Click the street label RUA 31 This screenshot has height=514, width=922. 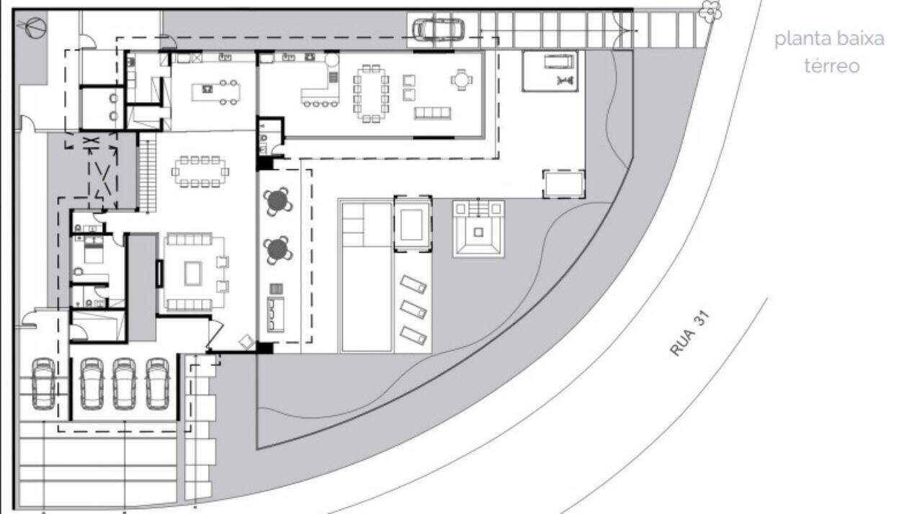point(689,333)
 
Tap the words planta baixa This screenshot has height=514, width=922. point(829,40)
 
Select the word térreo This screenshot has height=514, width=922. point(832,66)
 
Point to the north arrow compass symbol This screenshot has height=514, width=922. point(33,27)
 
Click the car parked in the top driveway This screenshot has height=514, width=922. point(439,30)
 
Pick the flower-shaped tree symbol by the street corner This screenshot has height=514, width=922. point(711,11)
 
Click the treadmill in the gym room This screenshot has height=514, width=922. point(559,62)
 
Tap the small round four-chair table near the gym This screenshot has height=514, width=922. point(462,79)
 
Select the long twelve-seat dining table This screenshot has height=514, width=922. point(371,94)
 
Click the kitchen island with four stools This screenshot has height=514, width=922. point(216,92)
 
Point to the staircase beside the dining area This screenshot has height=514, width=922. point(148,172)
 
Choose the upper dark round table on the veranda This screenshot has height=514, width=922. point(278,202)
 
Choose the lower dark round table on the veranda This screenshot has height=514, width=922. point(278,250)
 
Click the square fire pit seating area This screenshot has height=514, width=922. point(478,229)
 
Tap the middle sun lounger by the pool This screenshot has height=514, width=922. point(413,310)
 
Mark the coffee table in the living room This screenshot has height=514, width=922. point(192,274)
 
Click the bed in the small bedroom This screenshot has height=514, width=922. point(94,250)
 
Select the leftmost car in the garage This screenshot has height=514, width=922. point(43,384)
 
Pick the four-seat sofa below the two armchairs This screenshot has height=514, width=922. point(432,113)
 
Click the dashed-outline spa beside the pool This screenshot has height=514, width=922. point(413,224)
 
